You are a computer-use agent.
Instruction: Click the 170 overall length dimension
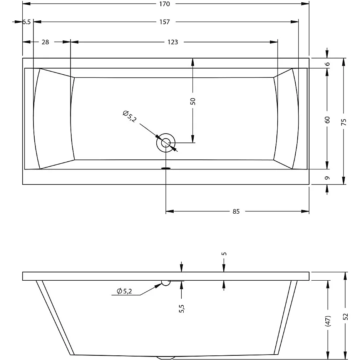(165, 4)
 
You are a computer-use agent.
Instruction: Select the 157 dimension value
(165, 22)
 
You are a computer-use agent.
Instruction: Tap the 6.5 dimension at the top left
(27, 22)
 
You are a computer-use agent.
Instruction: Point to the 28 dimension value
(45, 42)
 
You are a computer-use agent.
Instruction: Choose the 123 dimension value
(172, 42)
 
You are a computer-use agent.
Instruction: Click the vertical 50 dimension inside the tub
(193, 101)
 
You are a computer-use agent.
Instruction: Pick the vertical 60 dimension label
(327, 120)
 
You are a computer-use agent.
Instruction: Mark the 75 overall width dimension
(344, 122)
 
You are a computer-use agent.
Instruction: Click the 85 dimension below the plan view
(236, 211)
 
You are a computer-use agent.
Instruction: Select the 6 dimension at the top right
(328, 64)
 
